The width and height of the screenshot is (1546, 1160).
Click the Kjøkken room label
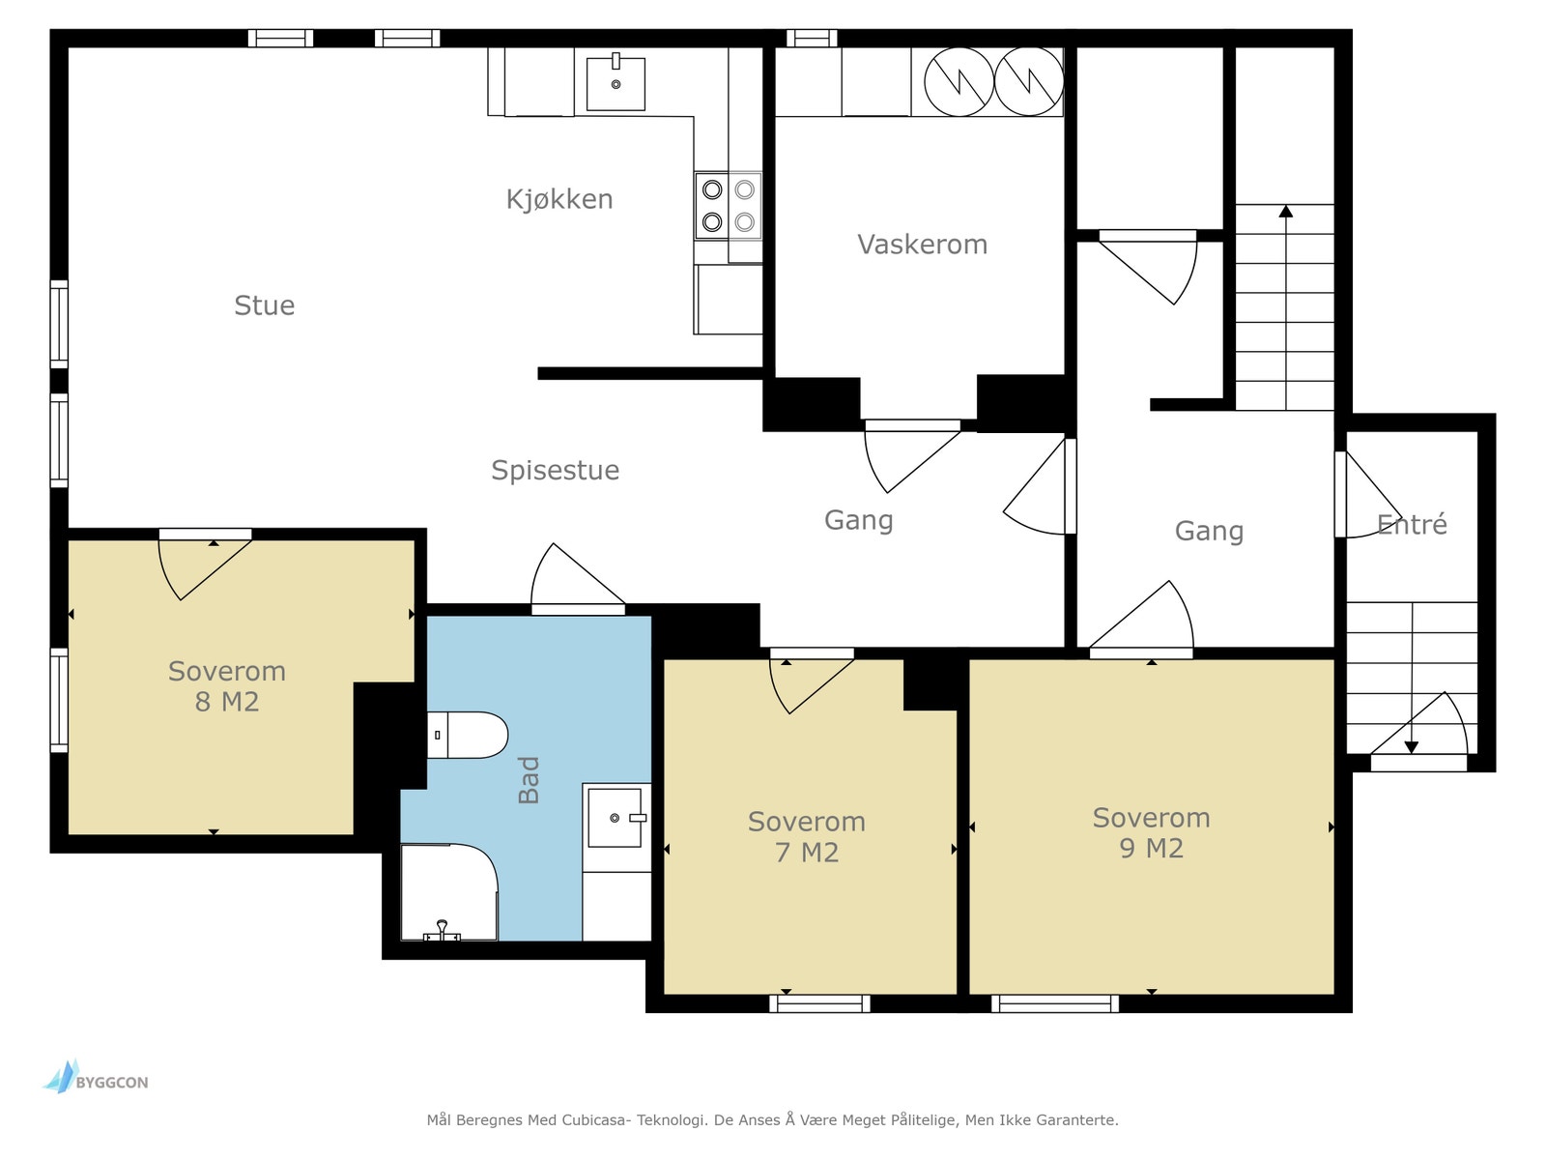tap(559, 200)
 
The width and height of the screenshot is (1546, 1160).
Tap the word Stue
tap(264, 305)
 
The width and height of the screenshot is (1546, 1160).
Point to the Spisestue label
tap(555, 471)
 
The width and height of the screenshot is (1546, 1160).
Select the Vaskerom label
tap(922, 245)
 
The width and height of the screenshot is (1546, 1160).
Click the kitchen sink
tap(616, 84)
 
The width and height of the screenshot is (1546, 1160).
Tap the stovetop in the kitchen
tap(729, 206)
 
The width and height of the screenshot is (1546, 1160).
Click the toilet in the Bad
tap(468, 735)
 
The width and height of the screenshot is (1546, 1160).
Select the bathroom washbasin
tap(616, 818)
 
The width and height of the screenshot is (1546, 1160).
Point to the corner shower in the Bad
tap(449, 891)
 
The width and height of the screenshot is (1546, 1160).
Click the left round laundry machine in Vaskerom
tap(959, 82)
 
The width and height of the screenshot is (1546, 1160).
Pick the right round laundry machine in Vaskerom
tap(1029, 82)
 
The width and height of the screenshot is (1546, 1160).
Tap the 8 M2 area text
tap(227, 702)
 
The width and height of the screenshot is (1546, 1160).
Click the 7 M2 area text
tap(807, 853)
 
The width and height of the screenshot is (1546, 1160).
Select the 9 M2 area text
tap(1151, 849)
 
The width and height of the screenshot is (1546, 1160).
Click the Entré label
tap(1412, 524)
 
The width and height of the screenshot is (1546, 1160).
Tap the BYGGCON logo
tap(95, 1077)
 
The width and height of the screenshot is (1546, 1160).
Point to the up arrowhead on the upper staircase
tap(1286, 211)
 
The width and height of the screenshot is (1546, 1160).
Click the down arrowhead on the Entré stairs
tap(1412, 747)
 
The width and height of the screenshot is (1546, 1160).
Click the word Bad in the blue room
tap(529, 780)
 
